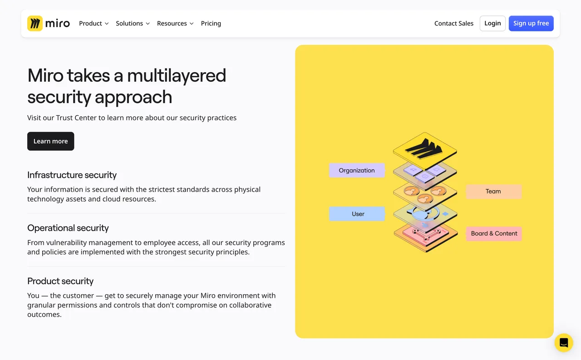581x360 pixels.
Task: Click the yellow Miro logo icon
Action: [x=35, y=24]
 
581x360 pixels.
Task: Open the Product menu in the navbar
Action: [x=94, y=24]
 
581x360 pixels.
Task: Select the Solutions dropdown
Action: [x=133, y=24]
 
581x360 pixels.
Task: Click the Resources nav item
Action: [x=175, y=24]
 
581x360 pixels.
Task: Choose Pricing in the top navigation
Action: [x=211, y=24]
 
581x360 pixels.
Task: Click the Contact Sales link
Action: [x=453, y=24]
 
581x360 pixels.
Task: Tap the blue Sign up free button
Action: [x=531, y=24]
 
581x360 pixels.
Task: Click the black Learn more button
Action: [x=50, y=141]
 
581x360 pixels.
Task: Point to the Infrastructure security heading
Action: [x=72, y=175]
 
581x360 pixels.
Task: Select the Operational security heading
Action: [x=68, y=228]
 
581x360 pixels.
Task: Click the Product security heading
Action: [x=60, y=281]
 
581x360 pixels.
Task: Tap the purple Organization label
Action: [x=357, y=171]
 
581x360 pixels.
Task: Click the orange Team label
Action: [x=493, y=192]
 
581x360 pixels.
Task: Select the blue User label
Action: [x=357, y=214]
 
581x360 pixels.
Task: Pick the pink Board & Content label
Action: [x=494, y=234]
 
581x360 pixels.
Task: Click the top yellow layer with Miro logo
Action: [x=424, y=148]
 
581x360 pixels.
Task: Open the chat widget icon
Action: [x=564, y=343]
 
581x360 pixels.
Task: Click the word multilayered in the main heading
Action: [x=176, y=76]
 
